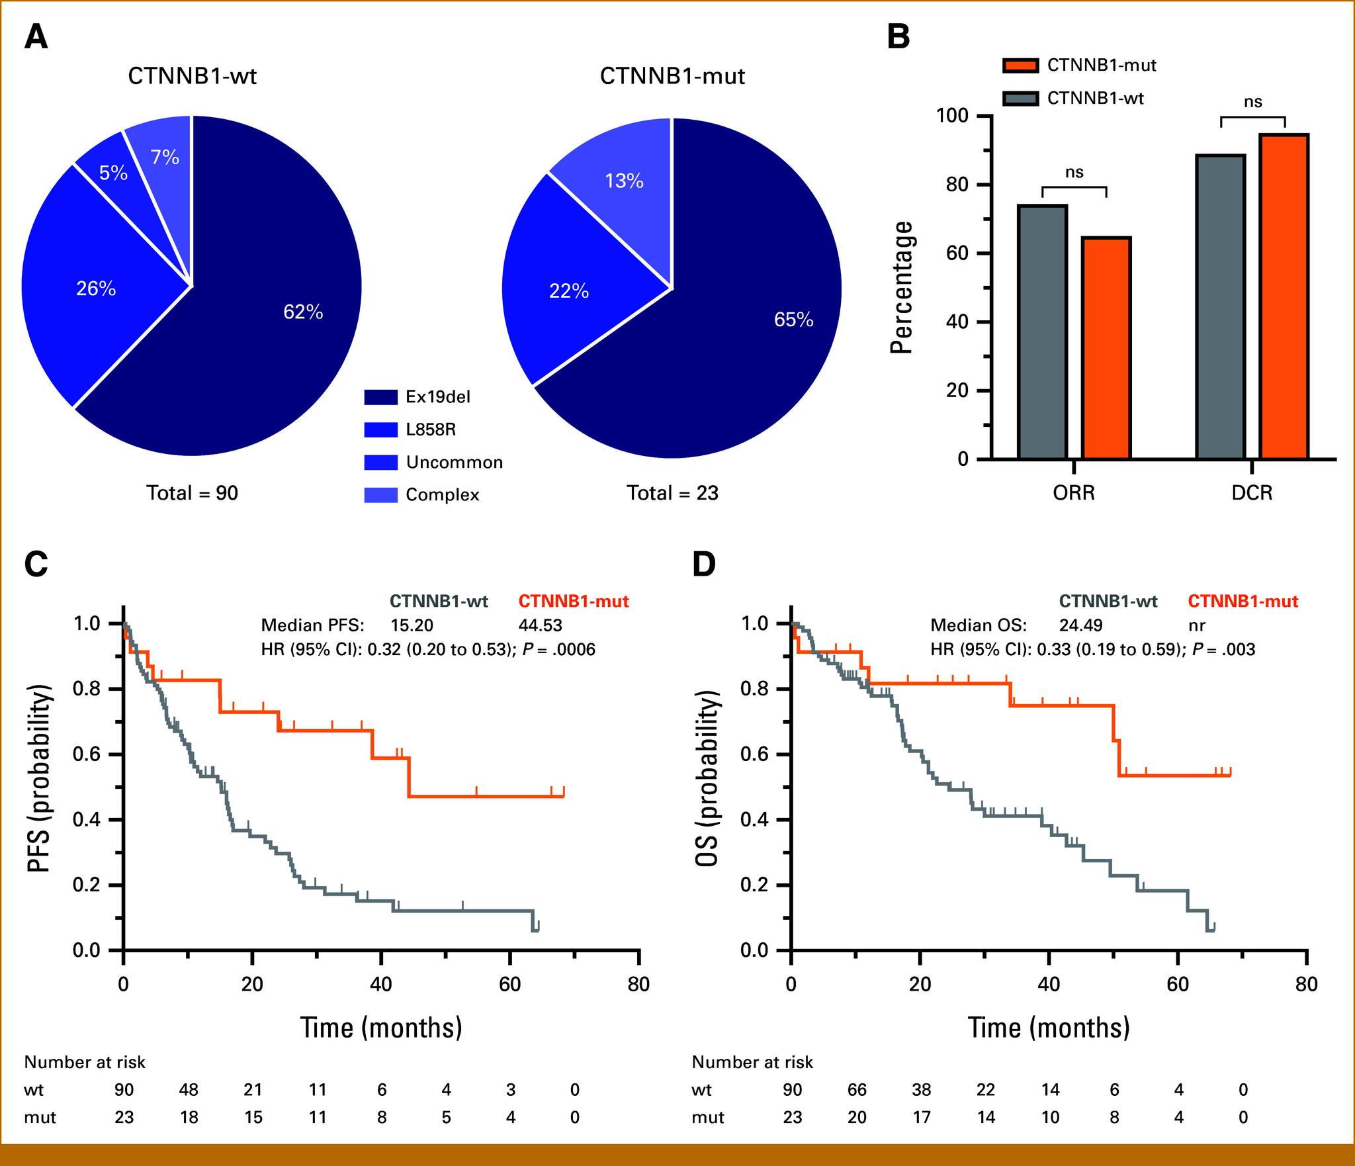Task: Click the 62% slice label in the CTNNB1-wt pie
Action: [x=303, y=312]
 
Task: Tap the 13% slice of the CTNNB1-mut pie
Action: [x=624, y=181]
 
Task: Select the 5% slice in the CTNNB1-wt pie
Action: [x=113, y=173]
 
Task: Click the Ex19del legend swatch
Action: [x=380, y=397]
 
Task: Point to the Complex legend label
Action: [x=442, y=495]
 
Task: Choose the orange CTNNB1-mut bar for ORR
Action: [x=1106, y=347]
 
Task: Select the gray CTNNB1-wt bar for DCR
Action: [x=1221, y=306]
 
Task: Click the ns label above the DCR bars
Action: [x=1252, y=102]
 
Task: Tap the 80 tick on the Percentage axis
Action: [x=955, y=185]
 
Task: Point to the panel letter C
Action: [x=36, y=564]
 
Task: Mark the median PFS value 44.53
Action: [x=540, y=625]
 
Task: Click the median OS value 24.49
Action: [x=1080, y=625]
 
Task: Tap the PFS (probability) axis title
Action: [x=40, y=779]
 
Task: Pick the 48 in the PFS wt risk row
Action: [x=189, y=1090]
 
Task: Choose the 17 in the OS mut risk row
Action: [x=921, y=1118]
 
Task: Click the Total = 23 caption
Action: [x=672, y=493]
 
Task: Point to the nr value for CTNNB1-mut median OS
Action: [x=1196, y=625]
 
